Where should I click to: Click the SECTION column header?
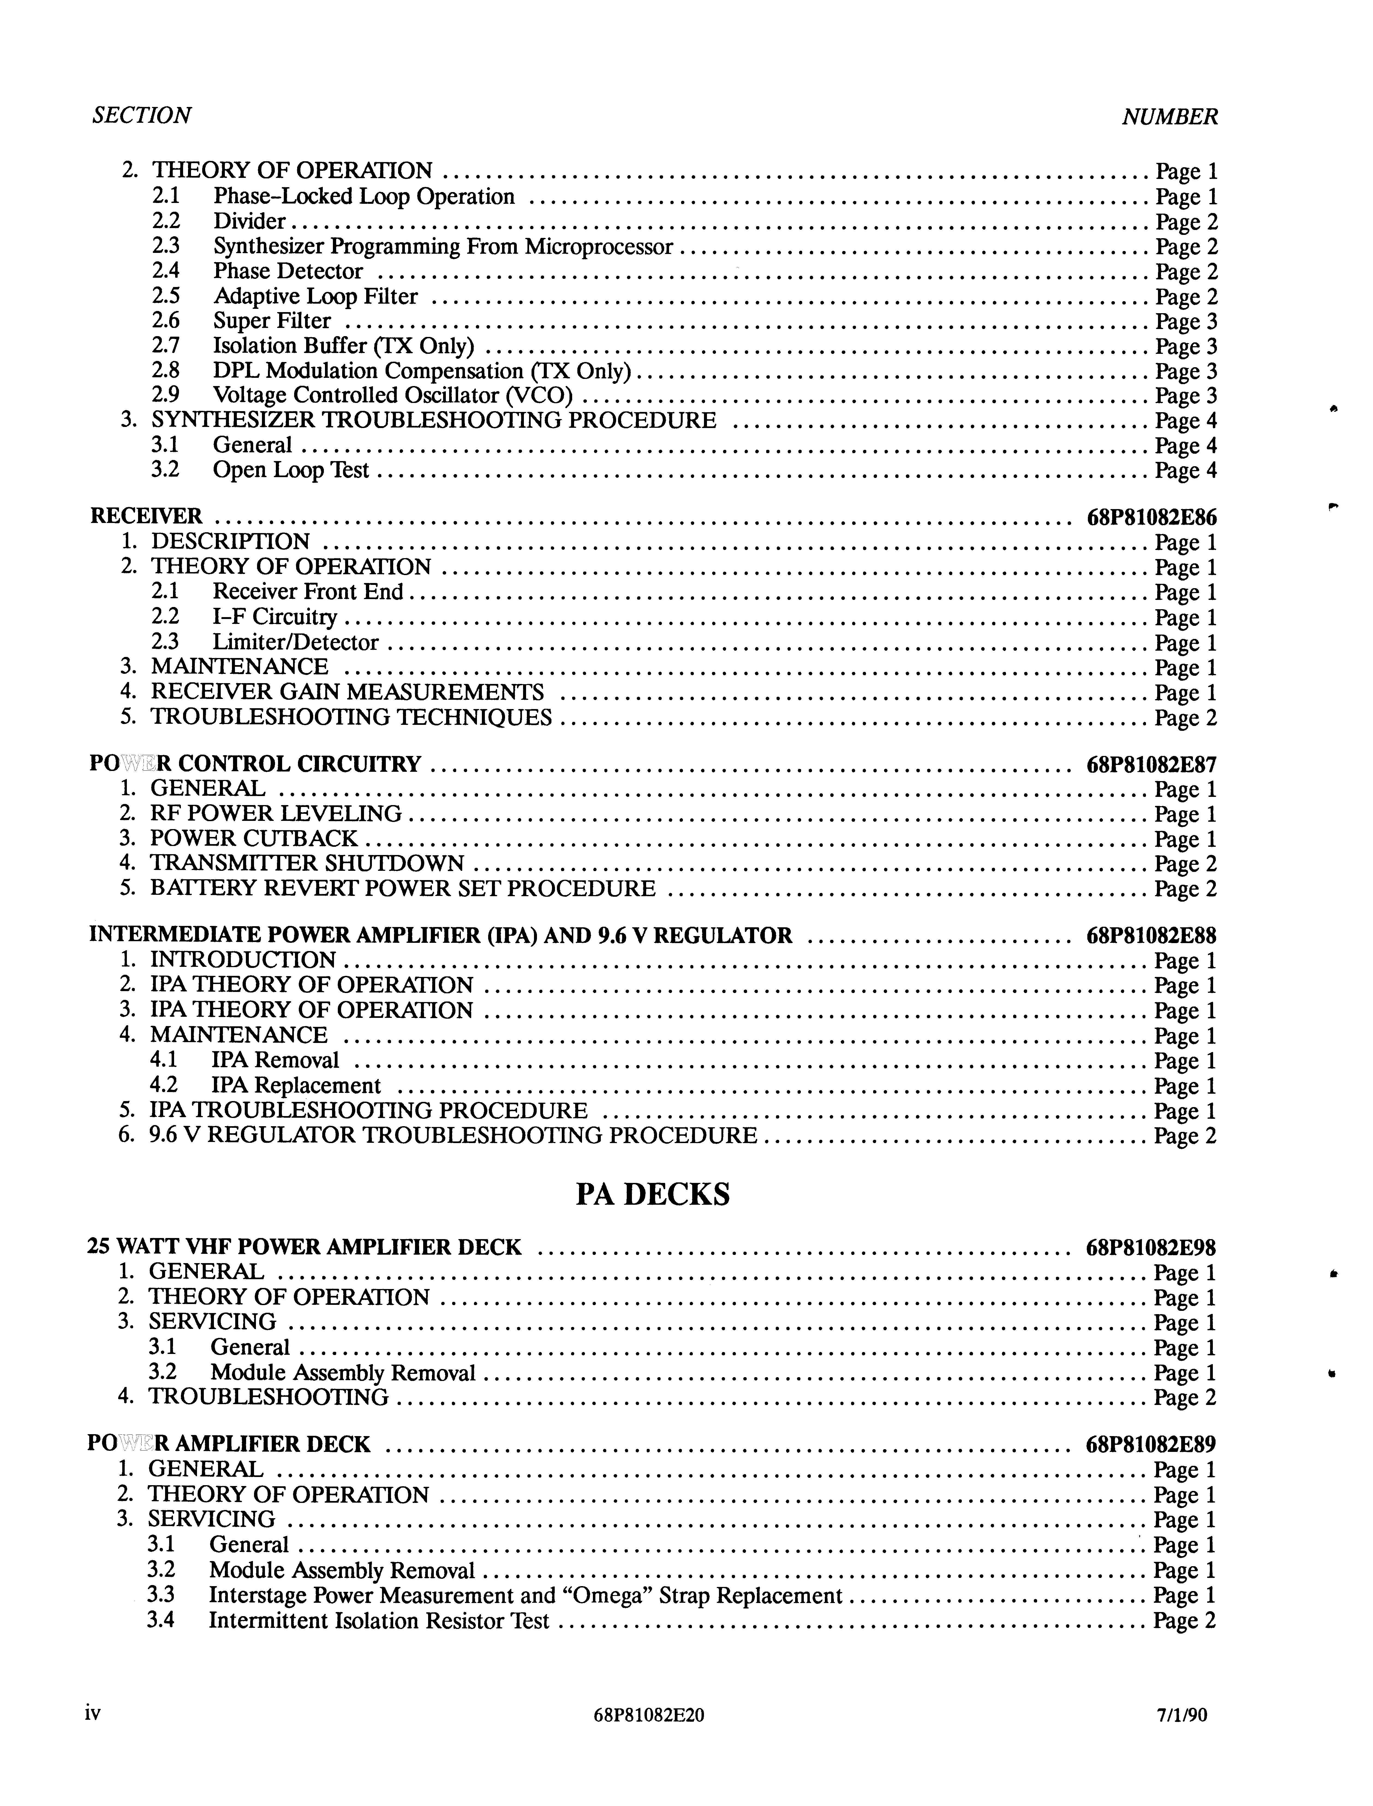coord(141,115)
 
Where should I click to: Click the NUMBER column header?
coord(1169,117)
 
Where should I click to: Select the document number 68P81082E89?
coord(1151,1445)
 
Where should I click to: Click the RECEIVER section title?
coord(145,516)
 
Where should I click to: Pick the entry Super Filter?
coord(272,321)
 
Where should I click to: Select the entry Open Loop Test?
coord(291,471)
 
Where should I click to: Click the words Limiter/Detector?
coord(296,643)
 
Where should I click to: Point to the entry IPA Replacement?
coord(296,1086)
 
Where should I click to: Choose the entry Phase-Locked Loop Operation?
coord(364,197)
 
